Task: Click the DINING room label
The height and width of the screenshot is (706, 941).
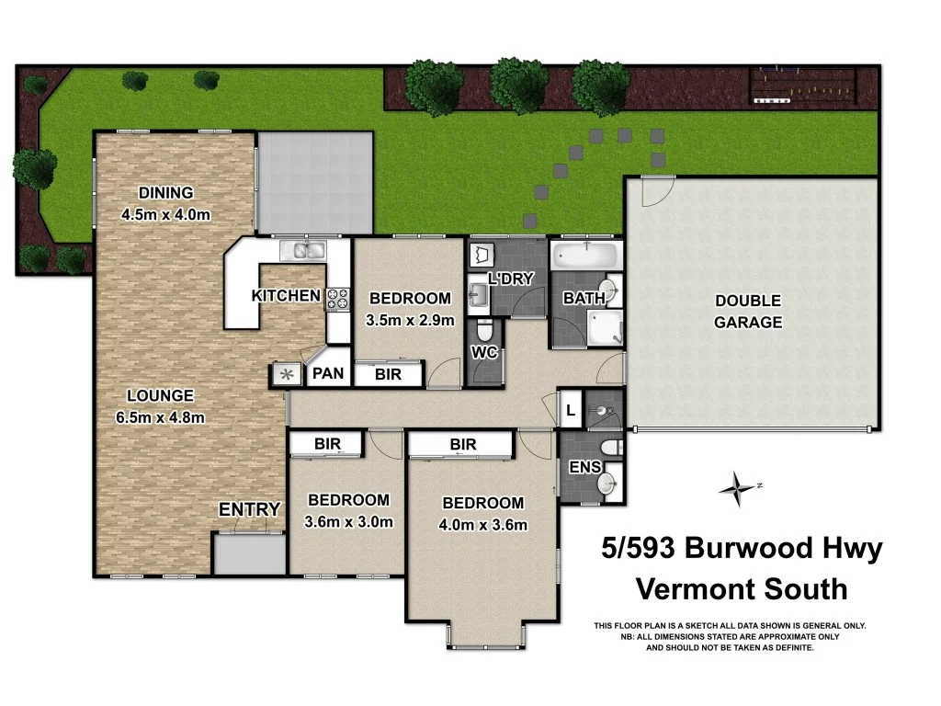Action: (166, 193)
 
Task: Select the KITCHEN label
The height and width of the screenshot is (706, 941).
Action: (286, 296)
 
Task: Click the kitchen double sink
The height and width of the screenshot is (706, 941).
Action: (306, 250)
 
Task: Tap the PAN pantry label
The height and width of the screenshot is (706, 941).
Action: (327, 374)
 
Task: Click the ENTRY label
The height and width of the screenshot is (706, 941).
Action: (249, 509)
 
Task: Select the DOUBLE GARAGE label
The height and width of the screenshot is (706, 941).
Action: (750, 312)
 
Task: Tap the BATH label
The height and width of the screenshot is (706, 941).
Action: (584, 298)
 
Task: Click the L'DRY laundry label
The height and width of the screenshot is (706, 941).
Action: (510, 279)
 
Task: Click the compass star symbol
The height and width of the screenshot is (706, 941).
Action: (737, 488)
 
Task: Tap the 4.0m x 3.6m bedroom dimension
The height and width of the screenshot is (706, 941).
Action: (483, 525)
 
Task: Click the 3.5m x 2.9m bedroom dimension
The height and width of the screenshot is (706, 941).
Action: (410, 321)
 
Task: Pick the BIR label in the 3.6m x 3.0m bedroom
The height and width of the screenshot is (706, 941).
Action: (327, 444)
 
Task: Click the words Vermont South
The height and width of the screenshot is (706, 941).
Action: (742, 588)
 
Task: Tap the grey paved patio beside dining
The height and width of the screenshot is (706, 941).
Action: (315, 182)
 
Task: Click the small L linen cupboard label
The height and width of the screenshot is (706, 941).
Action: (570, 410)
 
